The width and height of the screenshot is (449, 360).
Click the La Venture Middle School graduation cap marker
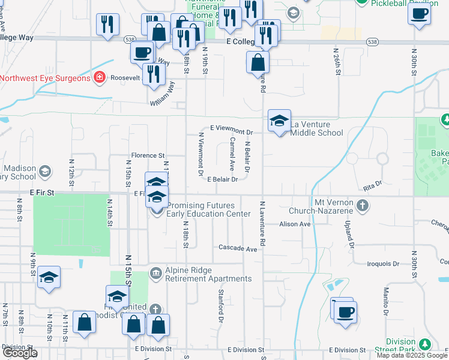pyautogui.click(x=279, y=121)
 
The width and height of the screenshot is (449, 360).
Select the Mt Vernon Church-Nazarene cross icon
pyautogui.click(x=362, y=206)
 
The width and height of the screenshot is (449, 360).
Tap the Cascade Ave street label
pyautogui.click(x=238, y=248)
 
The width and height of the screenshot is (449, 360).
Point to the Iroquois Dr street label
pyautogui.click(x=383, y=263)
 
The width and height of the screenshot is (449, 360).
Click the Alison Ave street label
pyautogui.click(x=295, y=224)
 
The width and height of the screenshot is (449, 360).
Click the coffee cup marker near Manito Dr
pyautogui.click(x=345, y=312)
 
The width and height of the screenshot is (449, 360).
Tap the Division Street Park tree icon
pyautogui.click(x=425, y=344)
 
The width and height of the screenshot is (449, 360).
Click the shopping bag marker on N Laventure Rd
pyautogui.click(x=258, y=62)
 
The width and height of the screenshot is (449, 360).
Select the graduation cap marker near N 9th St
pyautogui.click(x=49, y=277)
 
